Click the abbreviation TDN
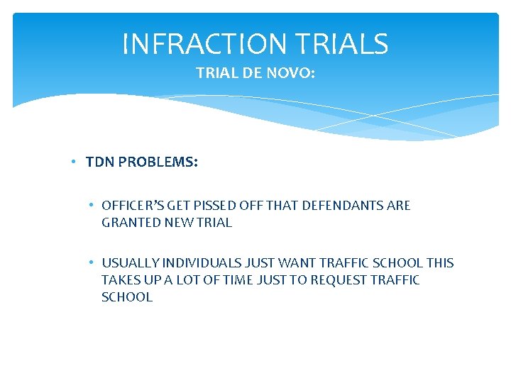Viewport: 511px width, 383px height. click(99, 162)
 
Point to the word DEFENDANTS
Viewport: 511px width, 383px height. click(344, 206)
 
